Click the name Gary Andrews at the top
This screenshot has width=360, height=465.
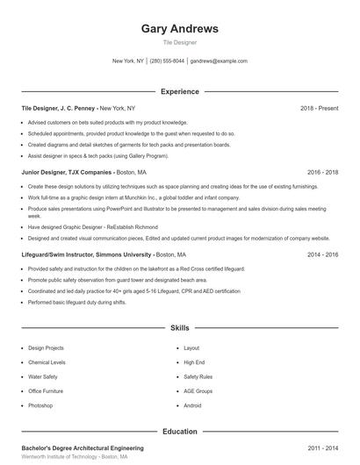pos(180,28)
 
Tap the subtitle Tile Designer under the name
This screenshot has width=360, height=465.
pos(180,41)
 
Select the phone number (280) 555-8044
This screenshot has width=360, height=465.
pos(167,61)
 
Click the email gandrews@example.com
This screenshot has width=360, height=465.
pos(219,61)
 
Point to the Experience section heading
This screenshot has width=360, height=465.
pos(180,91)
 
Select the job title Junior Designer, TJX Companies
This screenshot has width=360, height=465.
pos(67,173)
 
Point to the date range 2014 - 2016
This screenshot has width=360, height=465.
pos(322,254)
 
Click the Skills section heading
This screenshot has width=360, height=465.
pos(180,327)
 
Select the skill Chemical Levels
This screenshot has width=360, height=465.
pos(47,362)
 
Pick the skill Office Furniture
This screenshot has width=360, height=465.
pos(46,391)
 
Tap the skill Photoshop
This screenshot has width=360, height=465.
pos(40,405)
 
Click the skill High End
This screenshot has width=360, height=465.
pos(194,362)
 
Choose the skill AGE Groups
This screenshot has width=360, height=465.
pos(198,391)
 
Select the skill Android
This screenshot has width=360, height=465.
pos(192,405)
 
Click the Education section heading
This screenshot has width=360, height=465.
pos(180,432)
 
